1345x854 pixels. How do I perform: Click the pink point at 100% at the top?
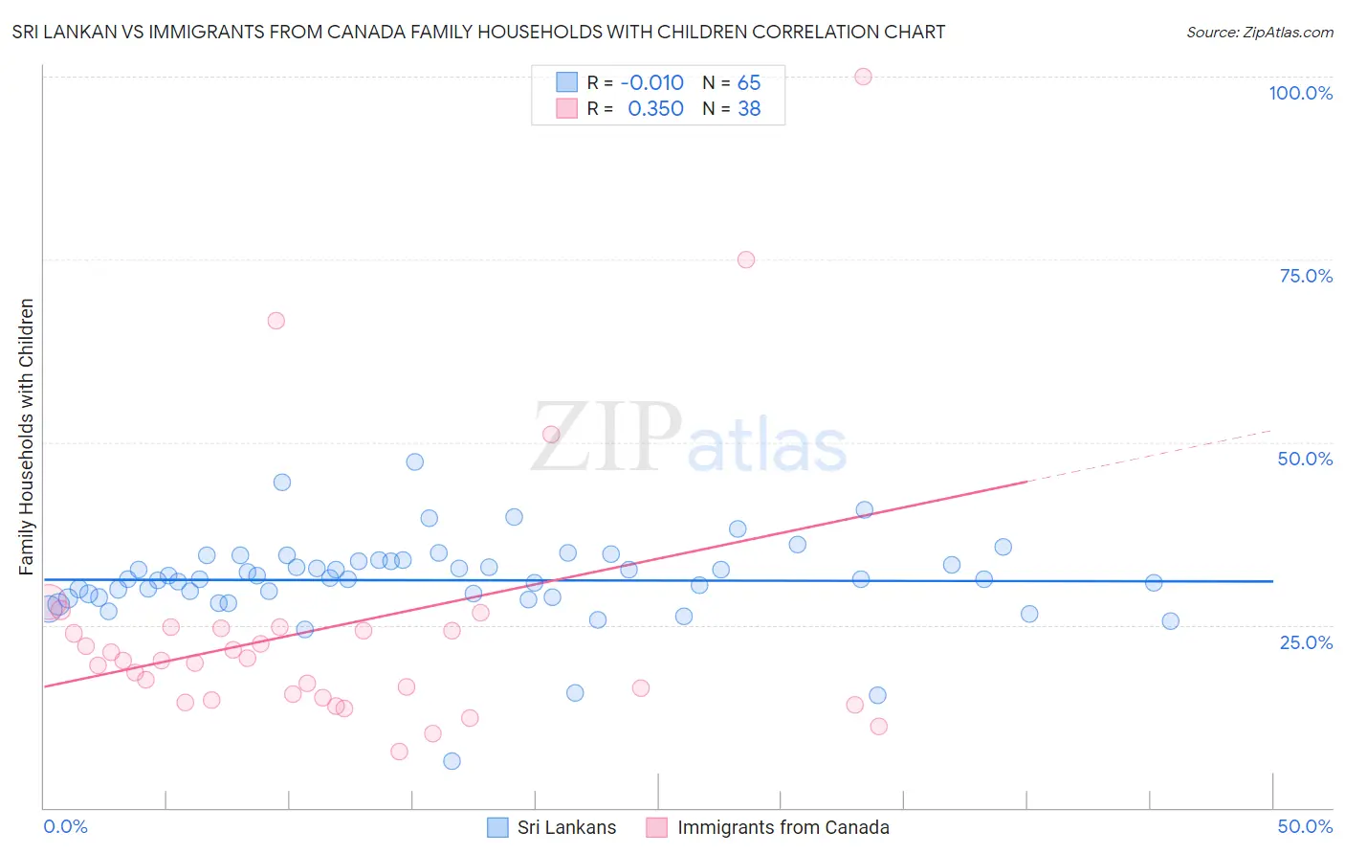click(863, 77)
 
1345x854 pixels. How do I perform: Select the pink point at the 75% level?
click(746, 259)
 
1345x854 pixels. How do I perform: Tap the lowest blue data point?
click(452, 761)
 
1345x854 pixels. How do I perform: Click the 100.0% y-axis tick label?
click(1300, 93)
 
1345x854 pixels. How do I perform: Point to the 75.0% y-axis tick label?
click(1306, 276)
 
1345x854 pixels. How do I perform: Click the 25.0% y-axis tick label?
click(1306, 641)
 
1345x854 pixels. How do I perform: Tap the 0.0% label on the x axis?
click(65, 826)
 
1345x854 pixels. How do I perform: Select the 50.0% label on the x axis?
click(1305, 826)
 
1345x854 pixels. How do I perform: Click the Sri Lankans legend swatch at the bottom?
click(497, 827)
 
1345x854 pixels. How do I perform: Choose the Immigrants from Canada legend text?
click(783, 827)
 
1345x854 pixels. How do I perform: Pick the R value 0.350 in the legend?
click(655, 109)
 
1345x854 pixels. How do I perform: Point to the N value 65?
click(749, 82)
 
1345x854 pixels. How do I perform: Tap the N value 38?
click(749, 109)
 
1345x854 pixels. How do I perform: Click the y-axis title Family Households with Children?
click(26, 437)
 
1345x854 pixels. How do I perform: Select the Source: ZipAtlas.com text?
click(1259, 33)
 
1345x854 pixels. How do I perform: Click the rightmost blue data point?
click(1170, 621)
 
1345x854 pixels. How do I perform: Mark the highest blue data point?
click(414, 461)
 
